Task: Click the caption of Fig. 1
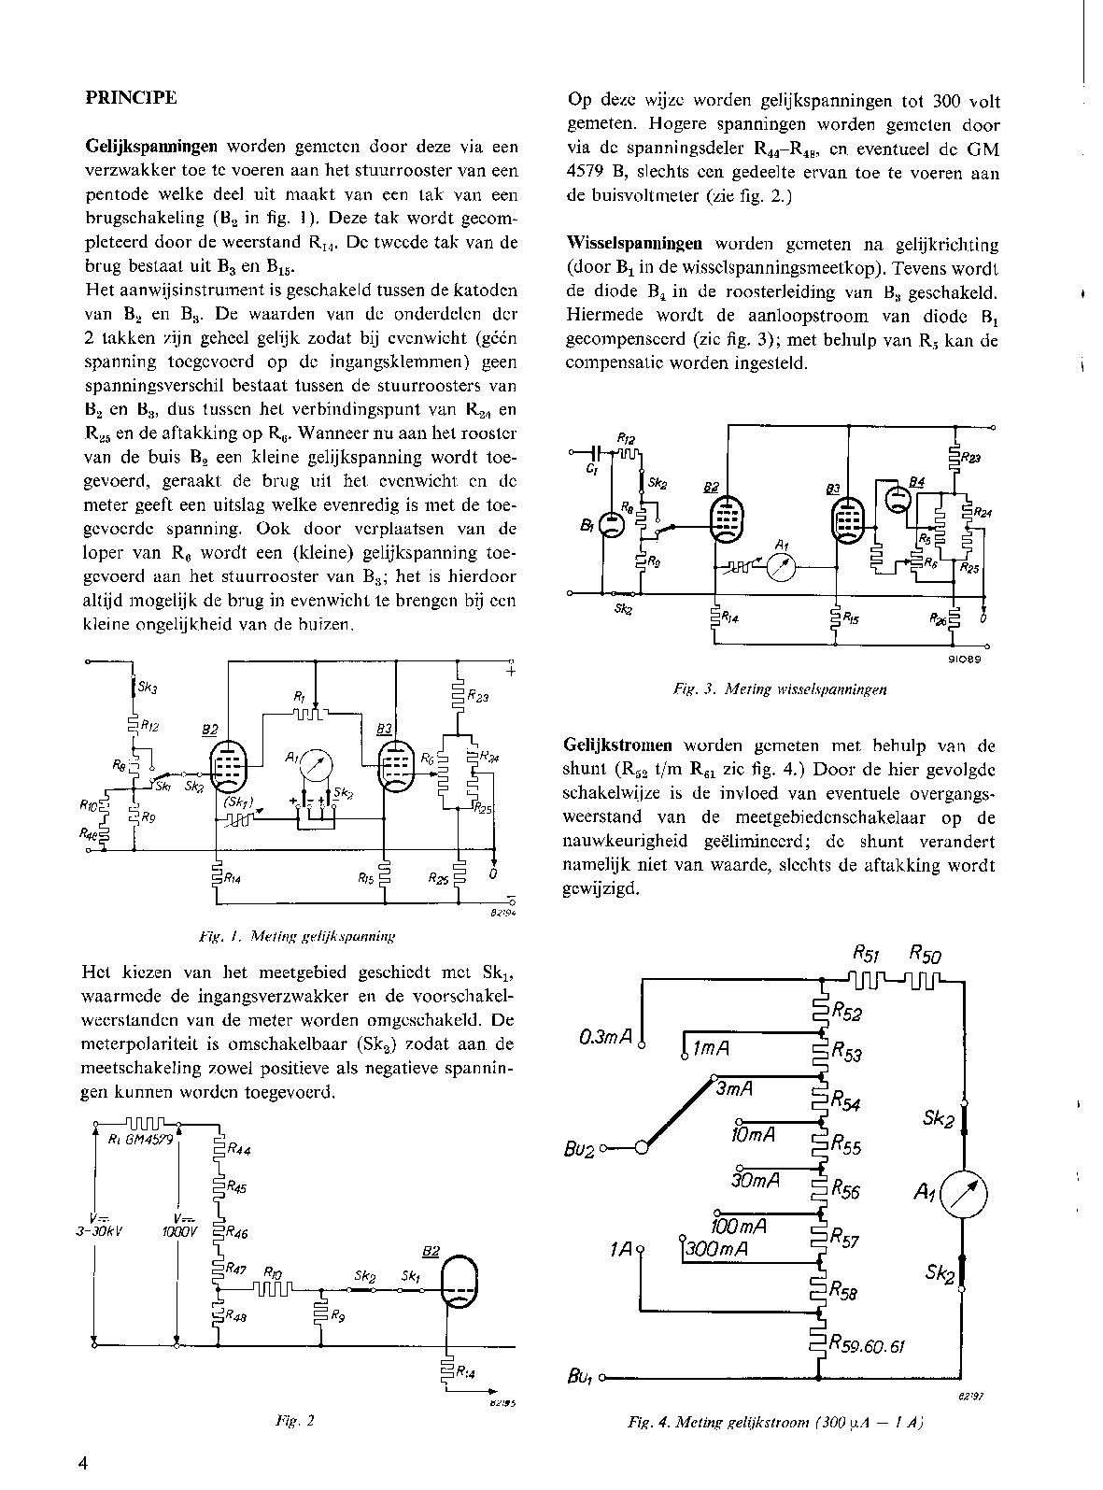[298, 933]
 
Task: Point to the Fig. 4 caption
[775, 1423]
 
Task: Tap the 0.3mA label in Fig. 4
[607, 1037]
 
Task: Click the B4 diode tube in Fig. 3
[898, 497]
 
